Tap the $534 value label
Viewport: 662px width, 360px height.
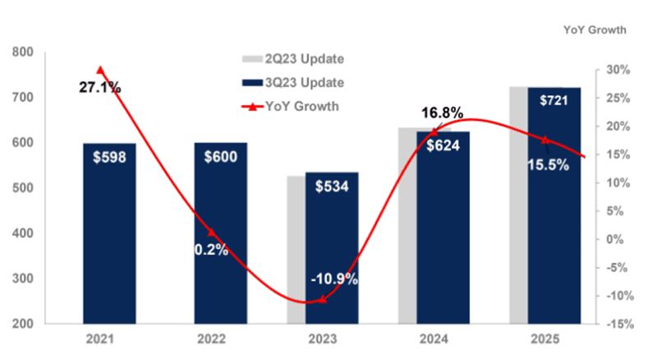pyautogui.click(x=332, y=186)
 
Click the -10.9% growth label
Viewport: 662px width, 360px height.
pyautogui.click(x=334, y=279)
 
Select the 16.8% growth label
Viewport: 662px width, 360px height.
pyautogui.click(x=443, y=113)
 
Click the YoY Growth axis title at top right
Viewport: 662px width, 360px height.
pyautogui.click(x=595, y=30)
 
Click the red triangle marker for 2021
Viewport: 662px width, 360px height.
pyautogui.click(x=100, y=70)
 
